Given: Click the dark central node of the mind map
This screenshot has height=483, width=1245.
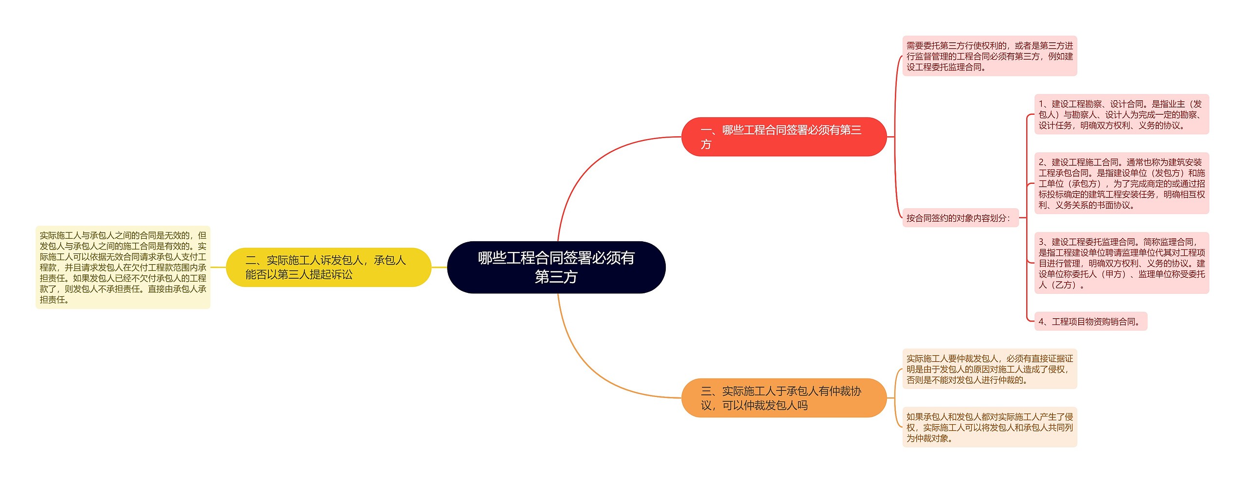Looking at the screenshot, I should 556,267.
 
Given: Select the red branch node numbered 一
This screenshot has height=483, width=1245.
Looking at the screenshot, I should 783,137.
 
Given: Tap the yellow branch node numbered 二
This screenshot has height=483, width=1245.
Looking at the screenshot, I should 328,267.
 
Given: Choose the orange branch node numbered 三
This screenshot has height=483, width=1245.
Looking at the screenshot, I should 783,398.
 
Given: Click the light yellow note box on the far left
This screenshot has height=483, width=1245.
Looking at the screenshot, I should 123,267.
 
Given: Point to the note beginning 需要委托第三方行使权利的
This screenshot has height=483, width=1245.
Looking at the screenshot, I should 989,56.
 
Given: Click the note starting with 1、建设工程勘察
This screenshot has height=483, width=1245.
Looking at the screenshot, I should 1121,114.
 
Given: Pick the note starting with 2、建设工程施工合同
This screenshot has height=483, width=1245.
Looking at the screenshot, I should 1121,183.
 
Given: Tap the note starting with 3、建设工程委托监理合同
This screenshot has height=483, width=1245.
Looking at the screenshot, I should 1121,263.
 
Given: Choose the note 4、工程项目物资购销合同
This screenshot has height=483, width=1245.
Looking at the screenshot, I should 1090,322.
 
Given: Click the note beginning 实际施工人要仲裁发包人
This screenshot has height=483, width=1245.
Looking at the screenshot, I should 989,369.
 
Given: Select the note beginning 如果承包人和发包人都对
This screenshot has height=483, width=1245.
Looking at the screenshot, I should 989,427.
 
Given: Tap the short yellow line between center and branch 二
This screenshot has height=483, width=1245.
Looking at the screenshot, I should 439,267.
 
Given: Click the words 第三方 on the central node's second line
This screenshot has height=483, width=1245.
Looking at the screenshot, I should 556,277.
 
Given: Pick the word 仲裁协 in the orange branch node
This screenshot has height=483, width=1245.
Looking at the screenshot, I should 840,391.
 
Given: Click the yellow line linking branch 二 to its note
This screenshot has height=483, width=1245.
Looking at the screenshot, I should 218,267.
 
